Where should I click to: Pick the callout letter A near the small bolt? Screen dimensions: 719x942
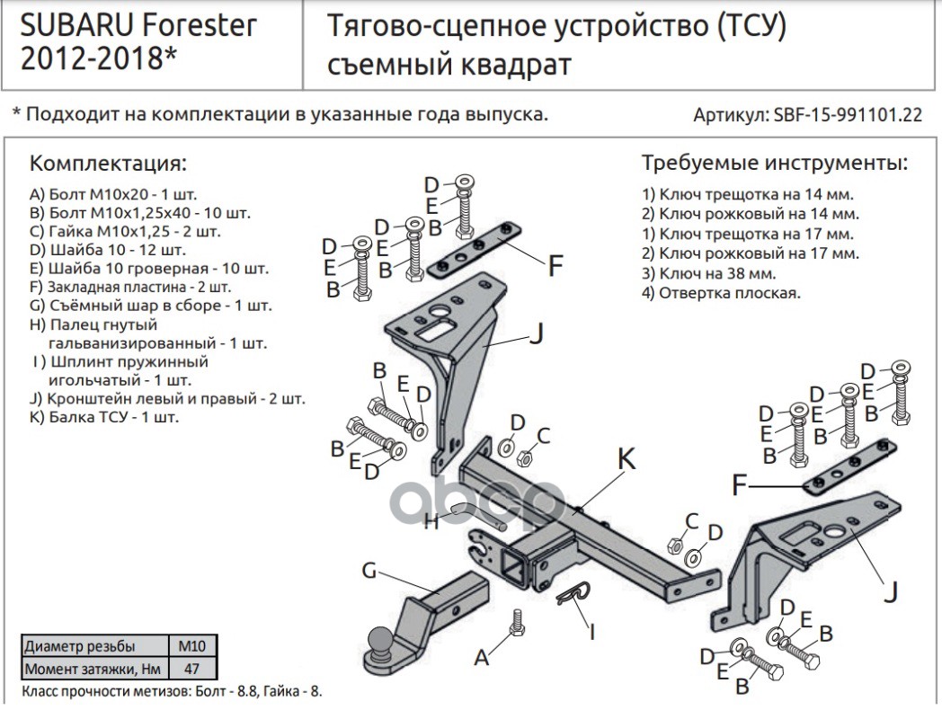pyautogui.click(x=483, y=659)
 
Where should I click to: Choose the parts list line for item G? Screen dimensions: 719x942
pyautogui.click(x=150, y=306)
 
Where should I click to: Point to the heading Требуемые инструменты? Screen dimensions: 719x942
pyautogui.click(x=774, y=164)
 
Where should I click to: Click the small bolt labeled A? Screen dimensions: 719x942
pyautogui.click(x=516, y=620)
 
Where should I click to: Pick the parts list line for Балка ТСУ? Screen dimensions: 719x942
pyautogui.click(x=104, y=417)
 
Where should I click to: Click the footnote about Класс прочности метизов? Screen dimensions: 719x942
pyautogui.click(x=171, y=692)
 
